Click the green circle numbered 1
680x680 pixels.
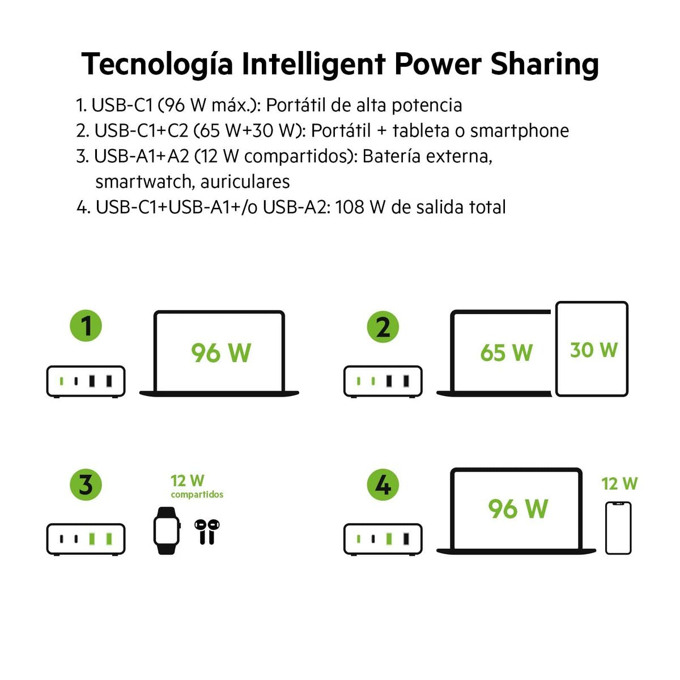[86, 326]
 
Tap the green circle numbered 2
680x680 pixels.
[383, 328]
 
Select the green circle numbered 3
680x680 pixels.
[86, 485]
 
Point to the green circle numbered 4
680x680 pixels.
[383, 485]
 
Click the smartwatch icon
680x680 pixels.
[167, 530]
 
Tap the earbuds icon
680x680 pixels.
[207, 532]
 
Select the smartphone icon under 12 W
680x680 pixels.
[618, 528]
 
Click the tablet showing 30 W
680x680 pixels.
[592, 349]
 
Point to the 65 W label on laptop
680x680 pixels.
[506, 353]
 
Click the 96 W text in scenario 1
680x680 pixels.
[221, 353]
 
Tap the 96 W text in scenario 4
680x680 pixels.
[518, 509]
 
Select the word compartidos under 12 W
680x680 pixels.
[197, 495]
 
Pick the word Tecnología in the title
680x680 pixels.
[157, 64]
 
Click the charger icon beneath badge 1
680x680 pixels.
[86, 381]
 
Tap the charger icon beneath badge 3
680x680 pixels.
[86, 538]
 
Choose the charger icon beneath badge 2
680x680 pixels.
[383, 381]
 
